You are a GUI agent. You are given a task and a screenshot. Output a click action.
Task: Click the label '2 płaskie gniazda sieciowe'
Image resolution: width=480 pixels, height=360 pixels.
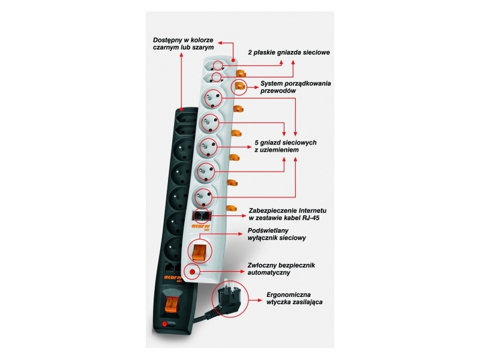tap(289, 53)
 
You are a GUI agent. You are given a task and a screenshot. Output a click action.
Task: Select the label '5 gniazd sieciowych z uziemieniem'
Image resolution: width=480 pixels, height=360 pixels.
tap(285, 146)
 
